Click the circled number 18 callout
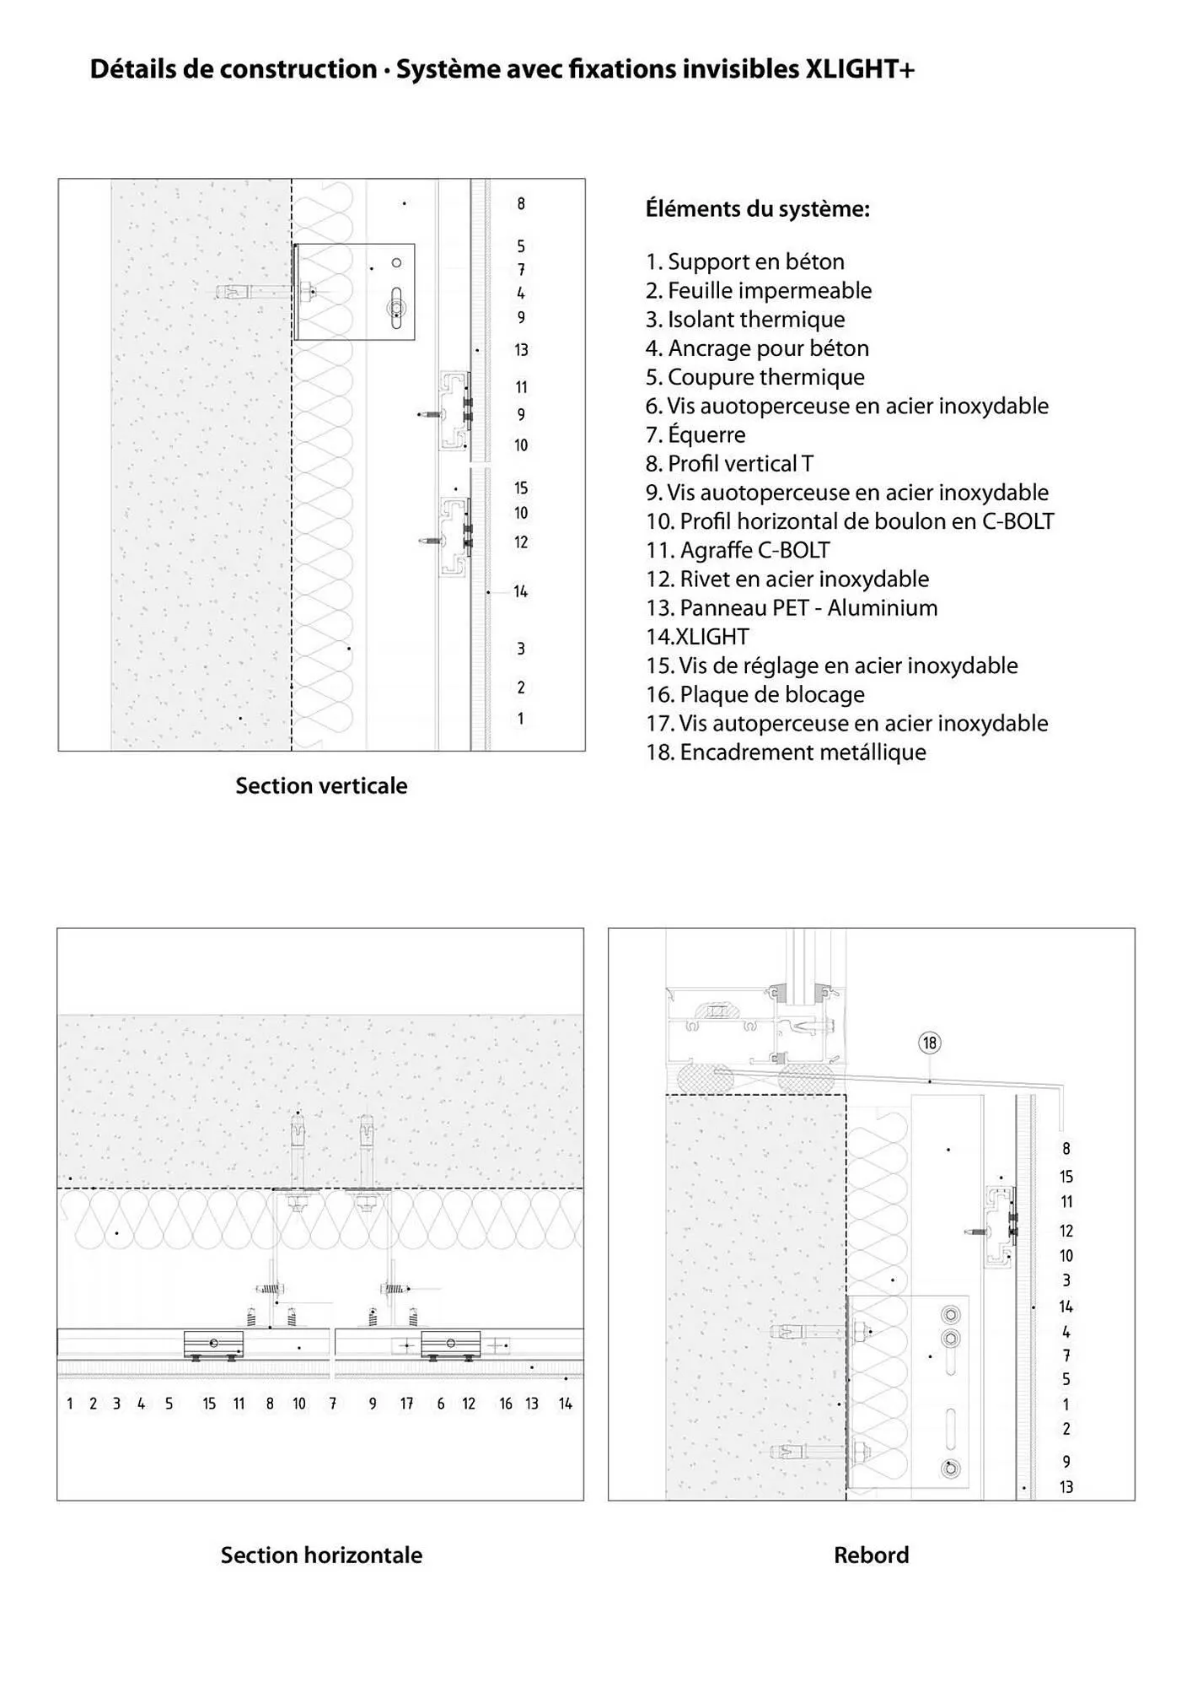(x=929, y=1043)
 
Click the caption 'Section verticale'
(x=321, y=786)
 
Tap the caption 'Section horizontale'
(x=321, y=1555)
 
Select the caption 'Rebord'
(x=871, y=1555)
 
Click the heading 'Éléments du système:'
(x=757, y=208)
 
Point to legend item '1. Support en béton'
(x=744, y=261)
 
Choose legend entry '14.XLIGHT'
(x=697, y=637)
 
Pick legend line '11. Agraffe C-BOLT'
(x=738, y=550)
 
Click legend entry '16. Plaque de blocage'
(x=754, y=694)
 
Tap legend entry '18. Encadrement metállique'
(x=786, y=752)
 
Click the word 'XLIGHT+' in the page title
(x=860, y=69)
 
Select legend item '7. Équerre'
(x=695, y=435)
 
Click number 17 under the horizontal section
(x=406, y=1404)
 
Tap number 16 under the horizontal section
(x=505, y=1404)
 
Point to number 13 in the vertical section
(x=521, y=350)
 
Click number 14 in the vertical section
(x=521, y=592)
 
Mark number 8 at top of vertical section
(x=521, y=203)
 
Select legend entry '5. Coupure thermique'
(x=754, y=377)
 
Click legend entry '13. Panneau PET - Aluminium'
(x=792, y=608)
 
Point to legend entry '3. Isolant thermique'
(x=744, y=320)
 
